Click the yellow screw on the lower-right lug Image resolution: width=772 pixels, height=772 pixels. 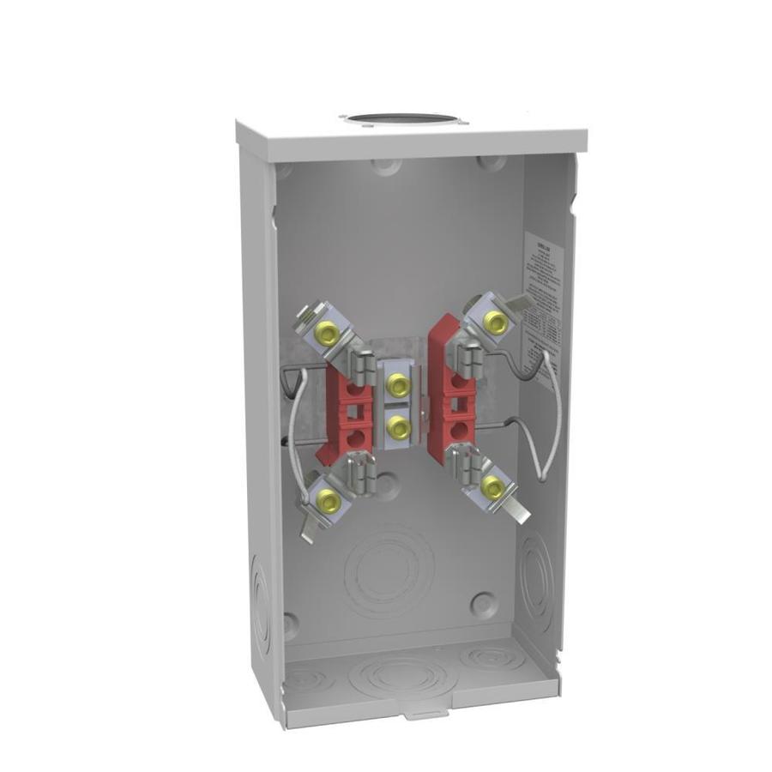tap(492, 487)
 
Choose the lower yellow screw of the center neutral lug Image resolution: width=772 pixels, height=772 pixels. tap(397, 425)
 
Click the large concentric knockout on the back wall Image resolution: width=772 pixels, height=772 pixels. tap(388, 570)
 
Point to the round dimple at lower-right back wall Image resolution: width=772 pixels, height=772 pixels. tap(483, 602)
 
